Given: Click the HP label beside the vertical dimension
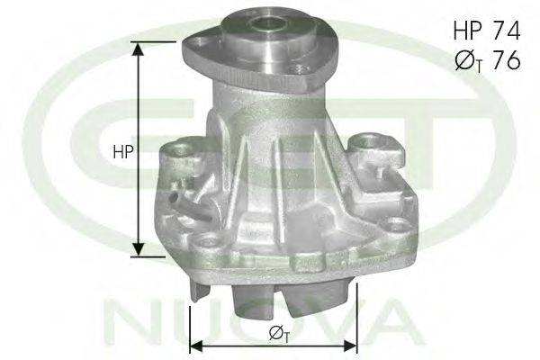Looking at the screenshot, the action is tap(122, 151).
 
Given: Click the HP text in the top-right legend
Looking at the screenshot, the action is tap(467, 30).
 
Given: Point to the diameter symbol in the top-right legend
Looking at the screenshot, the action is tap(464, 61).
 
